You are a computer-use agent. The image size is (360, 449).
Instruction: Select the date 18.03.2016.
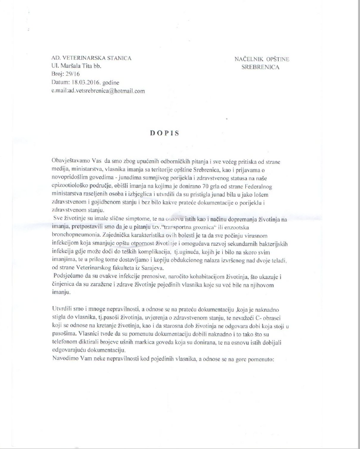(87, 82)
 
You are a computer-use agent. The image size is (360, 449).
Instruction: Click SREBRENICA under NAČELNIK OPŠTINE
(262, 68)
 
